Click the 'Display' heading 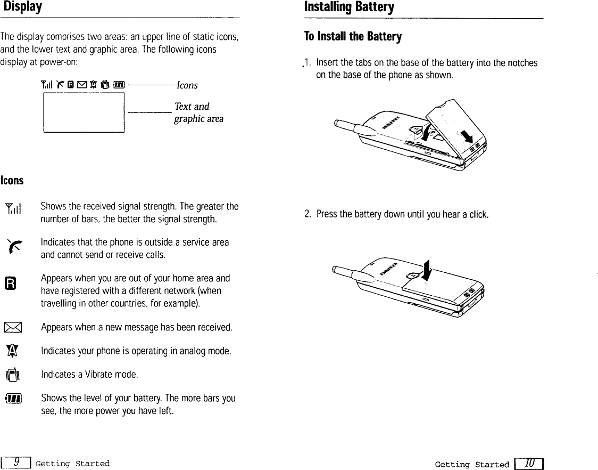pyautogui.click(x=21, y=7)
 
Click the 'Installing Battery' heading pyautogui.click(x=348, y=7)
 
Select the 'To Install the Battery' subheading pyautogui.click(x=352, y=36)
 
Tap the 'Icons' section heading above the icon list pyautogui.click(x=12, y=180)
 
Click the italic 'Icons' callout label pyautogui.click(x=187, y=85)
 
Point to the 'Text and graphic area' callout pyautogui.click(x=198, y=112)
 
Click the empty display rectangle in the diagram pyautogui.click(x=84, y=112)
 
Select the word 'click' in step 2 pyautogui.click(x=478, y=215)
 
